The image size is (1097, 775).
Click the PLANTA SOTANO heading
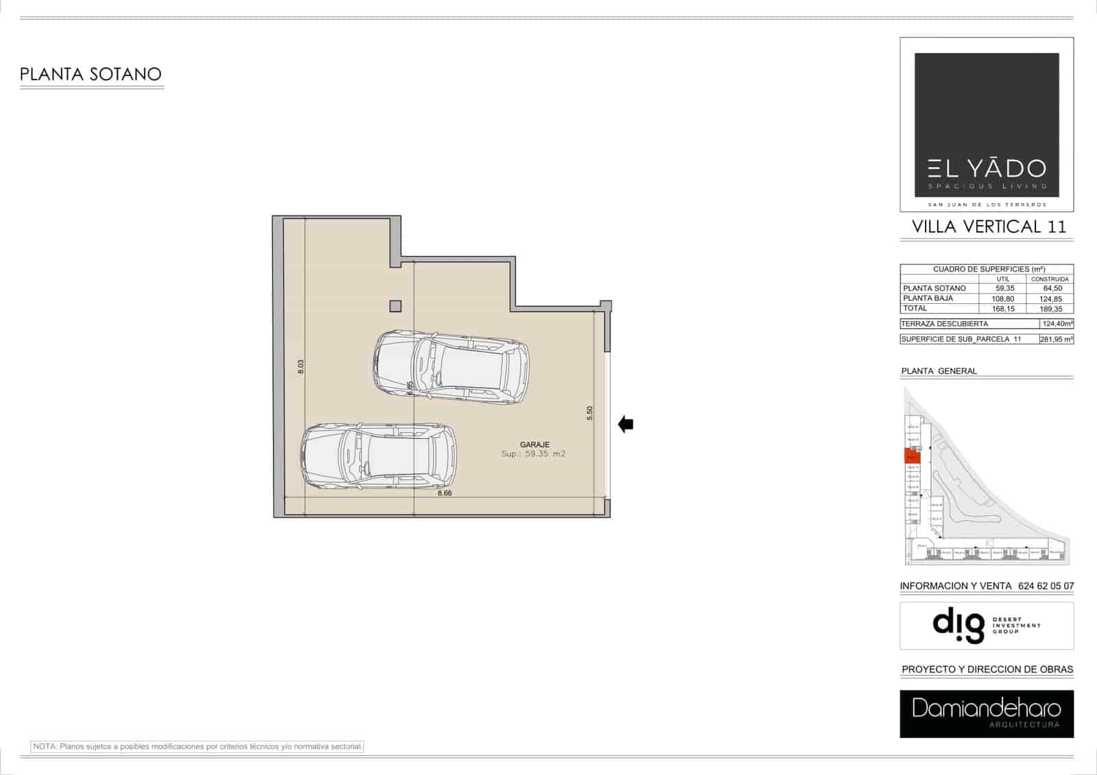click(x=91, y=74)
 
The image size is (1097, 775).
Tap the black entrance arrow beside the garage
click(x=625, y=425)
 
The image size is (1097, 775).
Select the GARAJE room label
click(x=534, y=444)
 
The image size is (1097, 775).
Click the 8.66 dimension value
click(x=444, y=492)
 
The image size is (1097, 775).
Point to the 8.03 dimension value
click(x=300, y=366)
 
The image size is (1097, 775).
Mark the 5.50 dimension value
click(x=590, y=413)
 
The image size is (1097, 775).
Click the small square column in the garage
click(x=395, y=306)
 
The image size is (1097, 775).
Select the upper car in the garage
click(x=452, y=368)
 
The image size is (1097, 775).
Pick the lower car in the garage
click(x=378, y=456)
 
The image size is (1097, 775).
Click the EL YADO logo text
click(x=987, y=169)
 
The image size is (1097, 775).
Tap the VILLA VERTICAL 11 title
click(x=989, y=226)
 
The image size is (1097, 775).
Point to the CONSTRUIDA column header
click(x=1050, y=279)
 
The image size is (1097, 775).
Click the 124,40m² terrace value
click(x=1057, y=324)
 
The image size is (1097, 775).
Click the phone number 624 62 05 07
click(x=1046, y=586)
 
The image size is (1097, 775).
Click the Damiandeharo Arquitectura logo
click(x=987, y=713)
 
